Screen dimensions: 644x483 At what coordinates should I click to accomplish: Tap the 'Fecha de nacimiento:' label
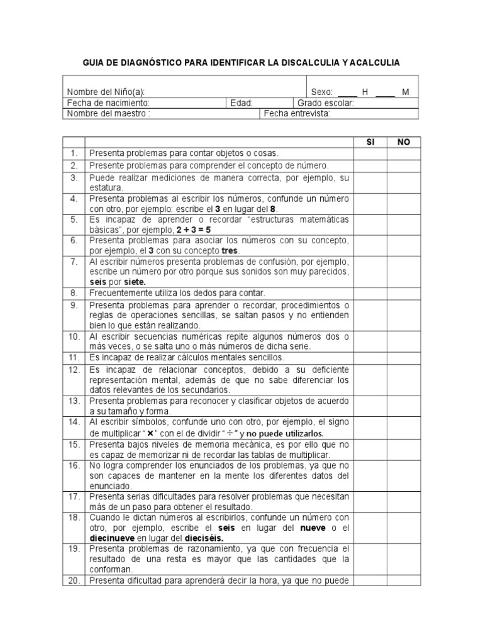tap(108, 103)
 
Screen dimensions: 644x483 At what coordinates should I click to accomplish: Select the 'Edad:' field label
tap(241, 103)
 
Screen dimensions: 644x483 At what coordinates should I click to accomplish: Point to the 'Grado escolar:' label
tap(325, 103)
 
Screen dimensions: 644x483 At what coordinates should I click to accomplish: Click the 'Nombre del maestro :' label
tap(108, 114)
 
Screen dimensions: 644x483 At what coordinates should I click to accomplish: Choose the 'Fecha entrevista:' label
tap(296, 114)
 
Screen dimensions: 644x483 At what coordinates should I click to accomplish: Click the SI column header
tap(370, 142)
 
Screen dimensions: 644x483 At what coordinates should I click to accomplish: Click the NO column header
tap(403, 142)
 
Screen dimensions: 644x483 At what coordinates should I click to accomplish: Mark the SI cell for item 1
tap(370, 153)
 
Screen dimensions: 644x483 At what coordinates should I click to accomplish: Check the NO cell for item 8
tap(403, 292)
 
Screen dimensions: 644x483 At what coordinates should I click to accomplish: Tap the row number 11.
tap(74, 357)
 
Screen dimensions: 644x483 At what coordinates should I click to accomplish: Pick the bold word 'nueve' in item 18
tap(311, 528)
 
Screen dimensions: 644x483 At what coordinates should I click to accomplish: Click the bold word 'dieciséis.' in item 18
tap(203, 538)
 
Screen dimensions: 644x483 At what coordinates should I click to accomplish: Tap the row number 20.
tap(74, 580)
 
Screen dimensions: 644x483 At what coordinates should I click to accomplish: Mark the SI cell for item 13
tap(370, 405)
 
